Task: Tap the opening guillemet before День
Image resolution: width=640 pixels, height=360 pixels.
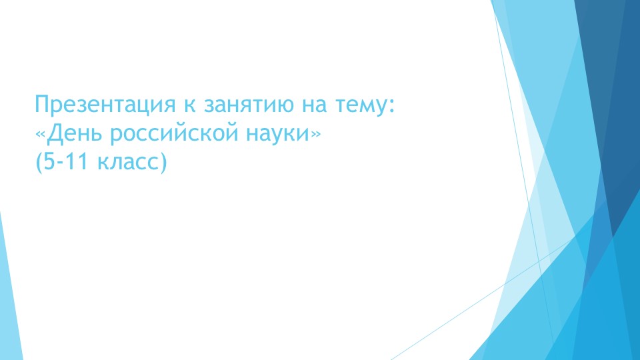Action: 41,135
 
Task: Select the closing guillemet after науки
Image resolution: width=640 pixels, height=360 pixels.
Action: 315,135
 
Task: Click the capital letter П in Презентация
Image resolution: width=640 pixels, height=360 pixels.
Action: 42,105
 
